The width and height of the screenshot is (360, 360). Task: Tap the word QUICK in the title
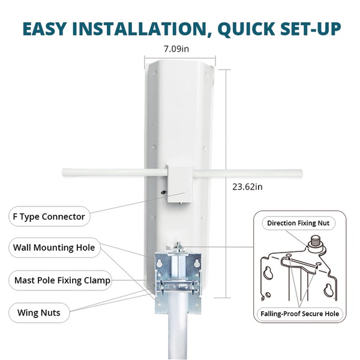[x=246, y=29]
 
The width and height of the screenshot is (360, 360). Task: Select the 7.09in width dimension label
[x=176, y=49]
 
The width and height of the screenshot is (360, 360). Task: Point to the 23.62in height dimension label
[x=247, y=187]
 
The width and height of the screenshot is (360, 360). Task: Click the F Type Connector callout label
[x=49, y=217]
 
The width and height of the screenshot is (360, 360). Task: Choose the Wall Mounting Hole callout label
[x=54, y=247]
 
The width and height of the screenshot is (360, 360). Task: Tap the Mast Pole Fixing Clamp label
[x=61, y=280]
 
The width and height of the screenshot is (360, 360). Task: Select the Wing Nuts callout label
[x=39, y=313]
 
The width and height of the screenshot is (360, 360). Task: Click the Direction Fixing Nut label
[x=298, y=223]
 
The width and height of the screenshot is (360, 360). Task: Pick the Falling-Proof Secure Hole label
[x=299, y=314]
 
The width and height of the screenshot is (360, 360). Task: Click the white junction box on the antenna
[x=180, y=184]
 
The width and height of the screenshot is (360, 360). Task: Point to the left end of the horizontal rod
[x=63, y=172]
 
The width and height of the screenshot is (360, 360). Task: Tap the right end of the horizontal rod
[x=301, y=173]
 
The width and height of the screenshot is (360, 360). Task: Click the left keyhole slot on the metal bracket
[x=160, y=263]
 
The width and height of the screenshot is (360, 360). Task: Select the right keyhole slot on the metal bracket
[x=197, y=263]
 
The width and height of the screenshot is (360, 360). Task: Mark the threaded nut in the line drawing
[x=316, y=241]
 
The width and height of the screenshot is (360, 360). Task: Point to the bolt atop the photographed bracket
[x=178, y=247]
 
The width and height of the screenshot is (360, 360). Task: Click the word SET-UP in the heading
[x=310, y=29]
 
